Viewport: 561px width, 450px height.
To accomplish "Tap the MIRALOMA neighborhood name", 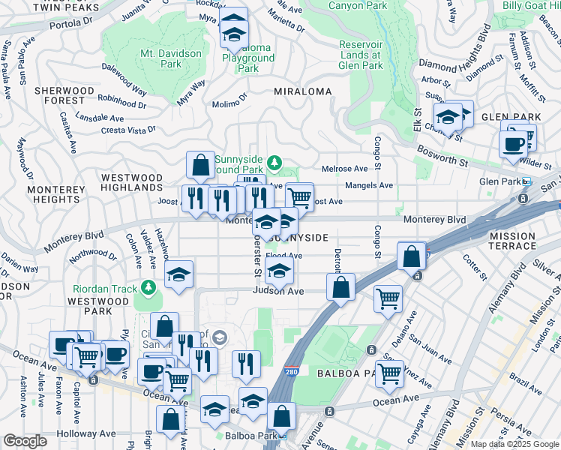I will pyautogui.click(x=303, y=91).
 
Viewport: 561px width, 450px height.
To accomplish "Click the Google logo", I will pyautogui.click(x=25, y=442).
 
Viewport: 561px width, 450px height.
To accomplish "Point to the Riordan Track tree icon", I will pyautogui.click(x=148, y=288).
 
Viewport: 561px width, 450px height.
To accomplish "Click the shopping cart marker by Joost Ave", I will pyautogui.click(x=300, y=197).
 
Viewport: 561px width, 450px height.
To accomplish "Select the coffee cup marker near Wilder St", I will pyautogui.click(x=514, y=143).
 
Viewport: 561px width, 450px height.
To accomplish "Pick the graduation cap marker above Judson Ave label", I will pyautogui.click(x=280, y=273).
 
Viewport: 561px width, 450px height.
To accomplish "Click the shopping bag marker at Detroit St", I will pyautogui.click(x=340, y=287).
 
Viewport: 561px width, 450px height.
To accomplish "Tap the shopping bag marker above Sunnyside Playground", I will pyautogui.click(x=201, y=165).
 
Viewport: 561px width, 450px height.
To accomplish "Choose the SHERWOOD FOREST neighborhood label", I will pyautogui.click(x=64, y=95).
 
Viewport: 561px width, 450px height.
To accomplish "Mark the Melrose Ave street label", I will pyautogui.click(x=345, y=169).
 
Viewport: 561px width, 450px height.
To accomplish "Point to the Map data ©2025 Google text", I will pyautogui.click(x=514, y=444).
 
